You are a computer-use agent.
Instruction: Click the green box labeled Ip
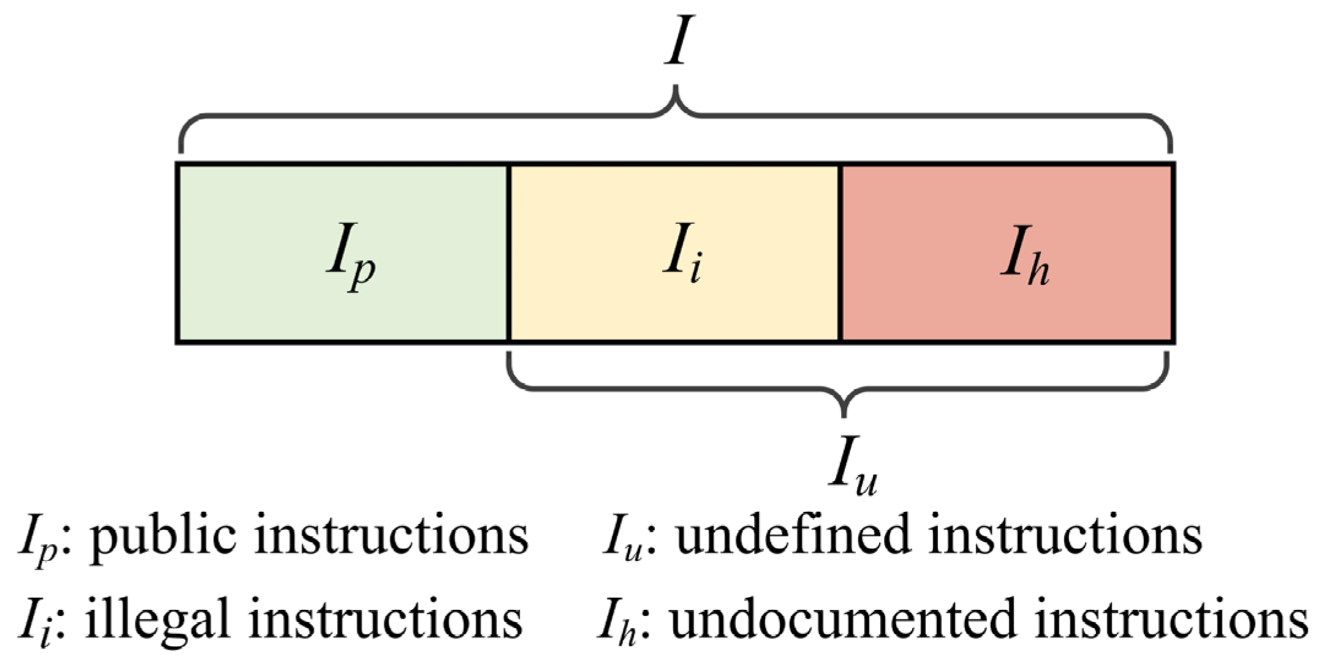[x=343, y=253]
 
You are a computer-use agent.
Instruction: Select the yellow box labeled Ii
[x=674, y=253]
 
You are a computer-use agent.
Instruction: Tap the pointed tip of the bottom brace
[x=845, y=414]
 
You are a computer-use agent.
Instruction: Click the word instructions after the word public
[x=391, y=535]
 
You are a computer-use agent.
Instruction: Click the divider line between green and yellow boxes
[x=508, y=253]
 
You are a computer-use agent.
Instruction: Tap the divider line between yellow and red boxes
[x=840, y=253]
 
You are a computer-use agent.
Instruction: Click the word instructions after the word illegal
[x=385, y=619]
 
